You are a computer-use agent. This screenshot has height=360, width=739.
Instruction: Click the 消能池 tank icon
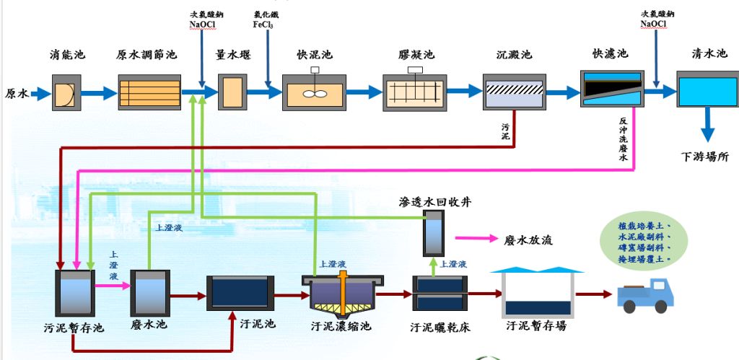[63, 92]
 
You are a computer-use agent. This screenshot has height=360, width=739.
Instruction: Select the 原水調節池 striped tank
[149, 92]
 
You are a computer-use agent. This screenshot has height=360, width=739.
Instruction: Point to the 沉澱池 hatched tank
[514, 92]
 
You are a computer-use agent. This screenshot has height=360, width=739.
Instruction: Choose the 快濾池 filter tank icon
[611, 89]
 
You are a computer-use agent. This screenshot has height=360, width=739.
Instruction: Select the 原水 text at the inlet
[16, 93]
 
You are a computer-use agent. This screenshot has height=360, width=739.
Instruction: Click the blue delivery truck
[645, 295]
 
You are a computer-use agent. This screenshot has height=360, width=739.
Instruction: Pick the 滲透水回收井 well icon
[434, 232]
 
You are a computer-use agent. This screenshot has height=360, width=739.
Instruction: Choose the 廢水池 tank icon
[150, 292]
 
